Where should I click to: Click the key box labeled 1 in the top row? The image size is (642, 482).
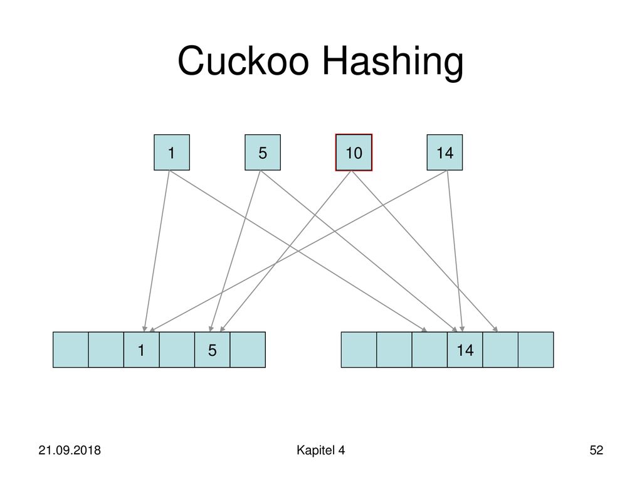coord(172,153)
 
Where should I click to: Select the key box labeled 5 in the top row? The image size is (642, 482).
coord(263,153)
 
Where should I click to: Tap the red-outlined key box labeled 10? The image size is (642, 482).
coord(354,153)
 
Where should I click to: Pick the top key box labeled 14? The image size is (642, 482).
coord(445,153)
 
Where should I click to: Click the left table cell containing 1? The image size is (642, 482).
coord(141,350)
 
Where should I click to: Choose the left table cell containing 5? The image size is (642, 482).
coord(212,350)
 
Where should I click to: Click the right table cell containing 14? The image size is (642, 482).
coord(465,350)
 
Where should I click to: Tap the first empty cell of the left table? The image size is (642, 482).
coord(70,350)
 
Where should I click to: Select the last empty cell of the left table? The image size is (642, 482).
coord(248,350)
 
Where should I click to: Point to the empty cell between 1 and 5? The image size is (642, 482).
coord(177,350)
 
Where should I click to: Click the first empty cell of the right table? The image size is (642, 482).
coord(359,350)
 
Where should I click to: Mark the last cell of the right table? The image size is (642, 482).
coord(536,350)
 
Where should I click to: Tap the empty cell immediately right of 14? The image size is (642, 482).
coord(500,350)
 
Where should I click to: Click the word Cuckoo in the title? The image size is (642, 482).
coord(243,61)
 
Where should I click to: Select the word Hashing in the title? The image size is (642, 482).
coord(392,63)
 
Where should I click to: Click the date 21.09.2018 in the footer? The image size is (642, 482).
coord(70,450)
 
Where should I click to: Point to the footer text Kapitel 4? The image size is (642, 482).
coord(320,450)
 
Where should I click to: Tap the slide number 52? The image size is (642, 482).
coord(596,450)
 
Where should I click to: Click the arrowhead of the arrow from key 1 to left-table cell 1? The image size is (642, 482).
coord(144,329)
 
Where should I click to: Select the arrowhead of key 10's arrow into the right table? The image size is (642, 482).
coord(495,329)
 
